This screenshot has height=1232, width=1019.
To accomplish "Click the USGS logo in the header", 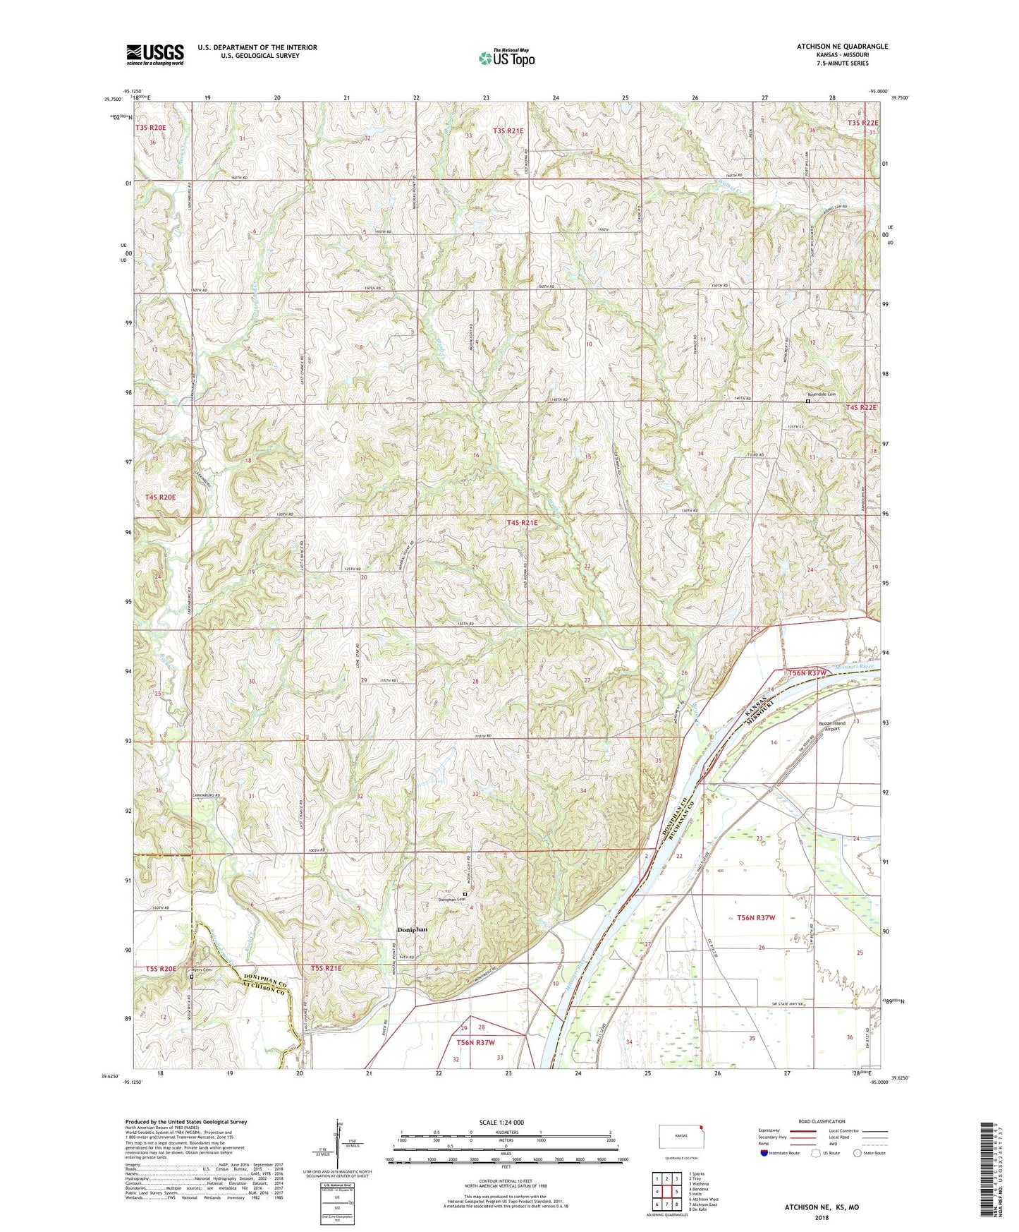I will click(155, 54).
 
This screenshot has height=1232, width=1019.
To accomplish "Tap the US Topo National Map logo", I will click(506, 57).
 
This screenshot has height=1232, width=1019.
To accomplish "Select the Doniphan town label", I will click(412, 930).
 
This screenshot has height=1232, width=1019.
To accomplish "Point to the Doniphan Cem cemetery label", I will click(452, 900).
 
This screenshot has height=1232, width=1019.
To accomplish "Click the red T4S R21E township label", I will click(522, 523).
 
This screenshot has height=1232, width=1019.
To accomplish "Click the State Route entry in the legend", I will click(868, 1153).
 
